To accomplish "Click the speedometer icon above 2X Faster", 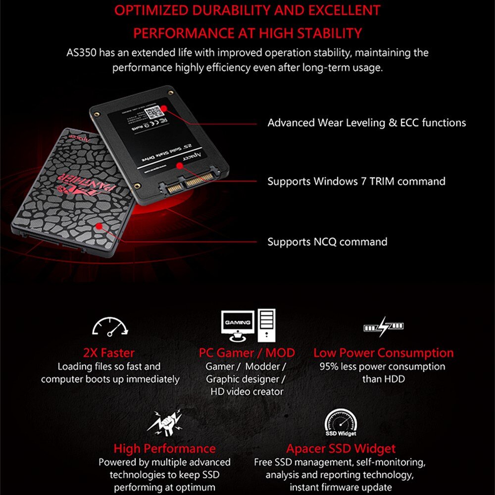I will [x=109, y=327].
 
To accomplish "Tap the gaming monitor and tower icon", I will [x=247, y=325].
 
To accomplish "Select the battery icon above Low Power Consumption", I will [x=384, y=326].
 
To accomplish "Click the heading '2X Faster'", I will [x=109, y=353].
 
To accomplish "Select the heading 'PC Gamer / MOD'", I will [x=247, y=353].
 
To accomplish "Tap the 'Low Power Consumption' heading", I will [x=383, y=353].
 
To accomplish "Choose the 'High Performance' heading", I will [x=164, y=449].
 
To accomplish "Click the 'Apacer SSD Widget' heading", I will [x=341, y=449].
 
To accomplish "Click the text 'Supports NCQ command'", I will [x=327, y=242].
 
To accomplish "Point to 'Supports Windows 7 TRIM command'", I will [x=356, y=181].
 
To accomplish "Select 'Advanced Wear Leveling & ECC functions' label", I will [x=366, y=122].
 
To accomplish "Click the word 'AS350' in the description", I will [x=81, y=52].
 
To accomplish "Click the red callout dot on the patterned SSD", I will [x=99, y=226].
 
